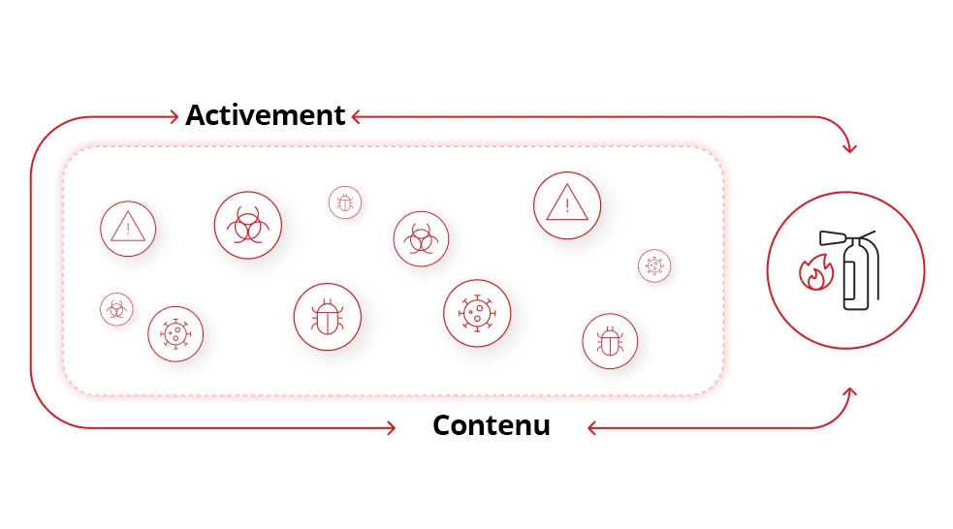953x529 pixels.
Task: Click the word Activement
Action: coord(265,115)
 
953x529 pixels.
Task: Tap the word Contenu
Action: coord(491,425)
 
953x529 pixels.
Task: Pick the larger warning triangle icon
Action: coord(566,204)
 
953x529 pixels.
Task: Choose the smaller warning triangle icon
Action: coord(128,229)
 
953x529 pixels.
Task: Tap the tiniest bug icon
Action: coord(344,202)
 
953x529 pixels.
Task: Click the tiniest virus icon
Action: coord(654,264)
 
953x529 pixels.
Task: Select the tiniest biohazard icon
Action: coord(116,309)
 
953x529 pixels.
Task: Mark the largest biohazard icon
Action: coord(247,225)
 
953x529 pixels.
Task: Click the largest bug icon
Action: coord(327,317)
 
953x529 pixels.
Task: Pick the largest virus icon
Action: coord(477,313)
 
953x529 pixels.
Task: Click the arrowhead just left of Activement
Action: coord(175,116)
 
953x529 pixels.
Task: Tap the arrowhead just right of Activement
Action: coord(356,116)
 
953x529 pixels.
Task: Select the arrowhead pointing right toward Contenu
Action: coord(391,427)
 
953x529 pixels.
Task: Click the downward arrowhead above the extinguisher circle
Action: coord(849,148)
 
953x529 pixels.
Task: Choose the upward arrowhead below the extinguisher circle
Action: coord(849,392)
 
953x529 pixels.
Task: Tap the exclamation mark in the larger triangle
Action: coord(566,206)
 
